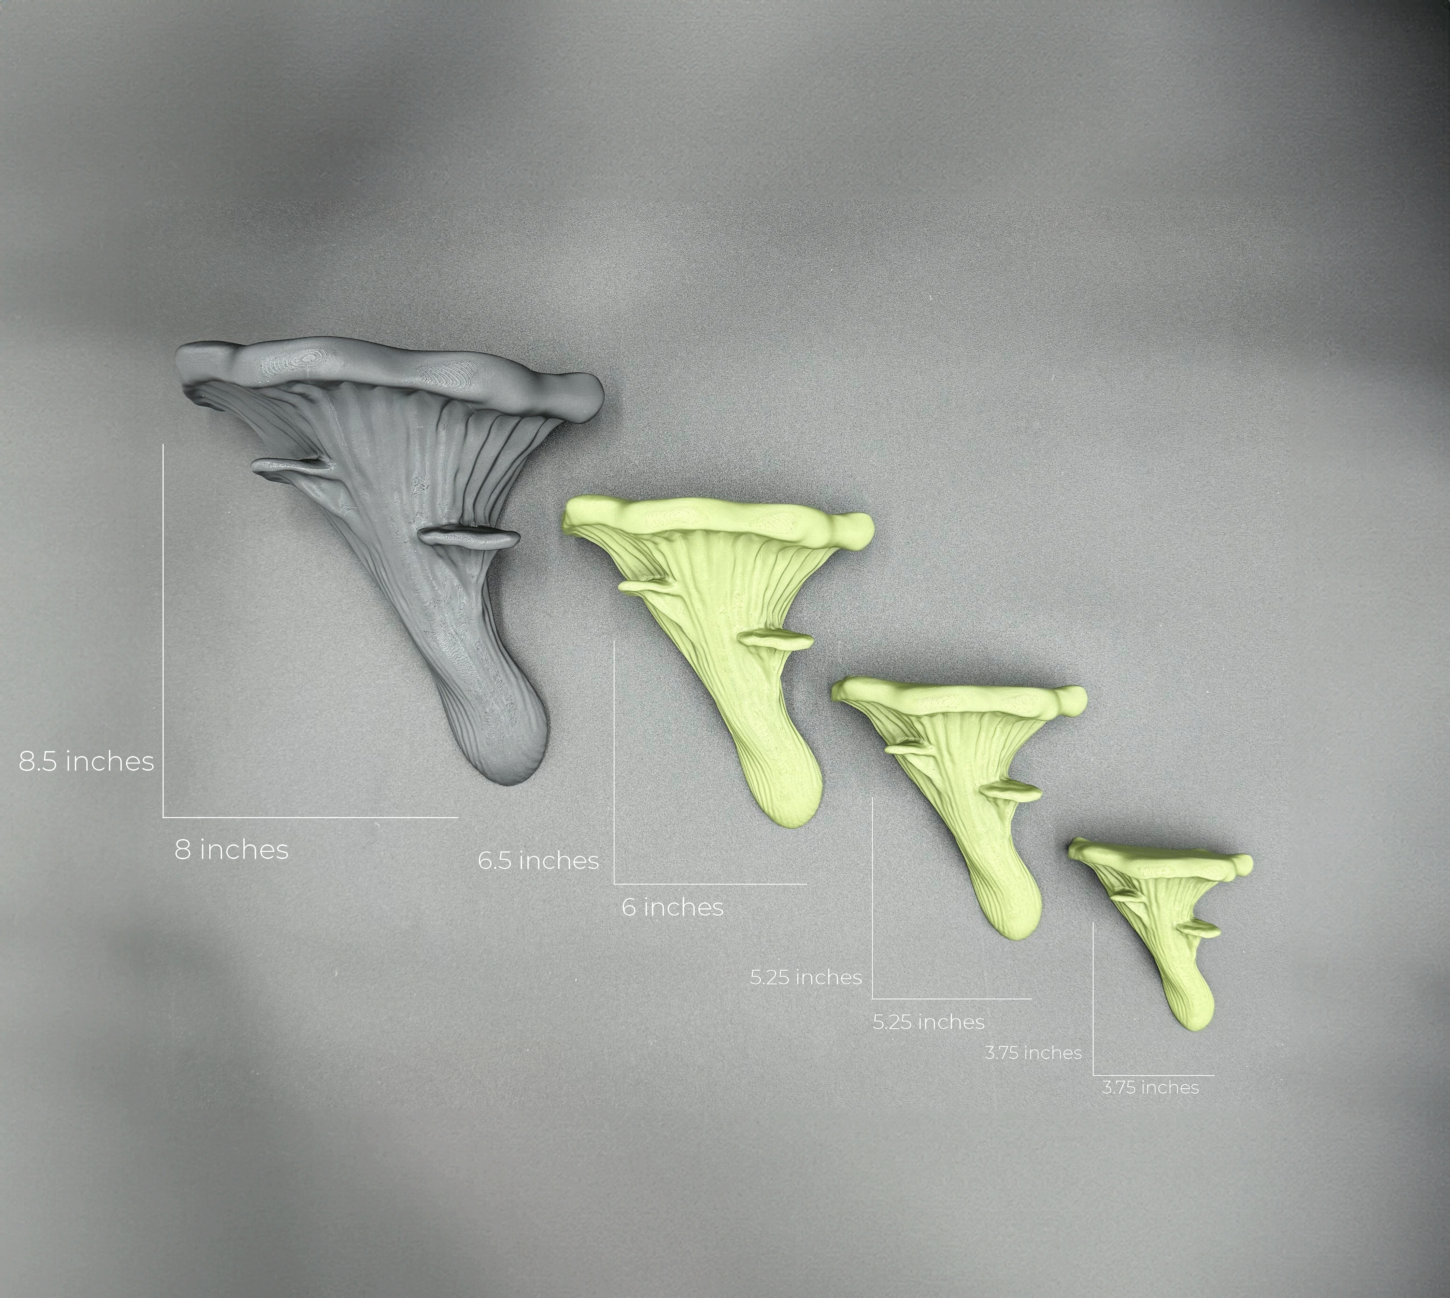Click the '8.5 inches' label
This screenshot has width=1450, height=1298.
(86, 762)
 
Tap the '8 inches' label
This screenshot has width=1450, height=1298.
(232, 850)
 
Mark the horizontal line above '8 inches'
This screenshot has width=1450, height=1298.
(310, 816)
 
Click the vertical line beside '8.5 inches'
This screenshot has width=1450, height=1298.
(164, 628)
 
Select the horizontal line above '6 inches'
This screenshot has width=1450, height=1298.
(710, 884)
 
